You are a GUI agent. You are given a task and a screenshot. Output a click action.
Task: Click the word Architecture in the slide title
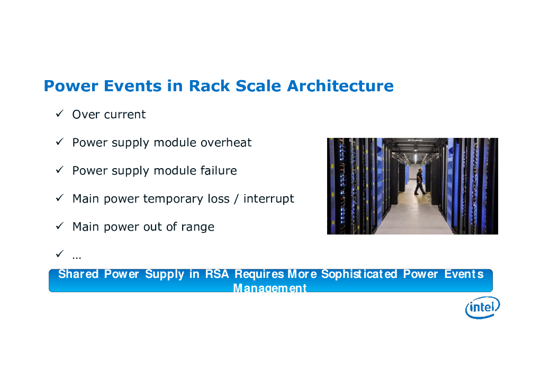[340, 86]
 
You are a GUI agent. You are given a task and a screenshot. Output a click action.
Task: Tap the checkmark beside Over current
[60, 114]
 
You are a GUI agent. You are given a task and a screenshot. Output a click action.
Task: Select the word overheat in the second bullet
[226, 143]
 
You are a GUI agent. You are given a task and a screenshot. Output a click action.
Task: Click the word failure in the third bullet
[218, 171]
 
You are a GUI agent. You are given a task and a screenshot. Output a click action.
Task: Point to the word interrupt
[268, 199]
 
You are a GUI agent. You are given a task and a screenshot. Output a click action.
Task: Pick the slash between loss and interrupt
[237, 199]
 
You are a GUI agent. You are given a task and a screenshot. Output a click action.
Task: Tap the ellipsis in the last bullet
[77, 256]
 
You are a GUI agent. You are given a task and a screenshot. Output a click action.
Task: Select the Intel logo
[482, 307]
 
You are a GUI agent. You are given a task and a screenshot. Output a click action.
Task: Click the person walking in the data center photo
[419, 182]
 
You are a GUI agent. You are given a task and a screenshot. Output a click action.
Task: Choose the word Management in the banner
[270, 288]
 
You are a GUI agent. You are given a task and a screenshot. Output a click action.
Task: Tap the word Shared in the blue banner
[78, 274]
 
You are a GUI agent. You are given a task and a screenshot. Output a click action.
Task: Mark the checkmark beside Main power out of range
[60, 226]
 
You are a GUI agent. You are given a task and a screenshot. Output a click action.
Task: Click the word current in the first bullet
[124, 115]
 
